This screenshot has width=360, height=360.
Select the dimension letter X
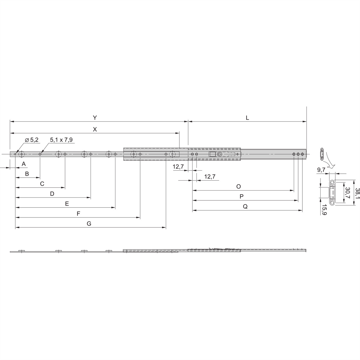[x=95, y=129]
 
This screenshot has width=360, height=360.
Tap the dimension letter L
[x=247, y=118]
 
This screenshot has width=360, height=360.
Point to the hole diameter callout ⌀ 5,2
[x=31, y=140]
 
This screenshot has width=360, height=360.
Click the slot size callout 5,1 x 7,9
[x=61, y=139]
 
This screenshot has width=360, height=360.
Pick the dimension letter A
[x=24, y=164]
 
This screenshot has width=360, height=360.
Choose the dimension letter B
[x=27, y=173]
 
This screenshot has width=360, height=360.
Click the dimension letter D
[x=52, y=194]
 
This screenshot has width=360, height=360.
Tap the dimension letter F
[x=78, y=214]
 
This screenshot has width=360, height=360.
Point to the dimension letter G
[x=89, y=223]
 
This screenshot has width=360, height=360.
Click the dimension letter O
[x=238, y=186]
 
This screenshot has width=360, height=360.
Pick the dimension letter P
[x=241, y=196]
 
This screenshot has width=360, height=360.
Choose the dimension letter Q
[x=245, y=207]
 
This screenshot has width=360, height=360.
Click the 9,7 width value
[x=321, y=170]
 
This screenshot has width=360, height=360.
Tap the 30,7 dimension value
[x=347, y=193]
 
